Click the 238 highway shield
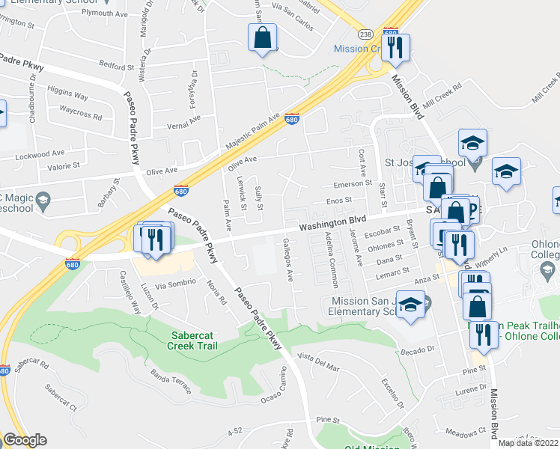point(365,34)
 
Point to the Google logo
point(25,440)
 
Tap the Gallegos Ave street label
point(287,260)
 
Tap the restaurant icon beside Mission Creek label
point(395,47)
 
